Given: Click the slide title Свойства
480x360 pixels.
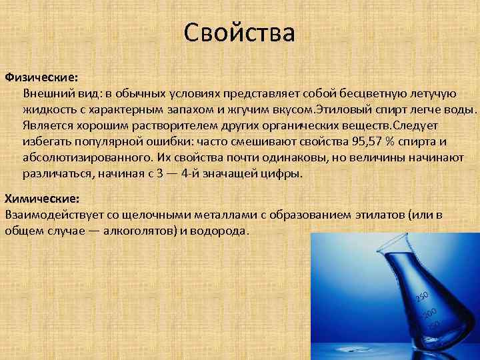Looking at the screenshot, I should coord(239,32).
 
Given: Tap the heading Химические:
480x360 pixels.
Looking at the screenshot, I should coord(42,199).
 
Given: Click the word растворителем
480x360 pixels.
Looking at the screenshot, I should coord(147,125).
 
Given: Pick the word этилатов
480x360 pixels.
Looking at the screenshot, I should coord(364,215).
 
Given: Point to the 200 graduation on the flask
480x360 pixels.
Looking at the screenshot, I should coord(430,313).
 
